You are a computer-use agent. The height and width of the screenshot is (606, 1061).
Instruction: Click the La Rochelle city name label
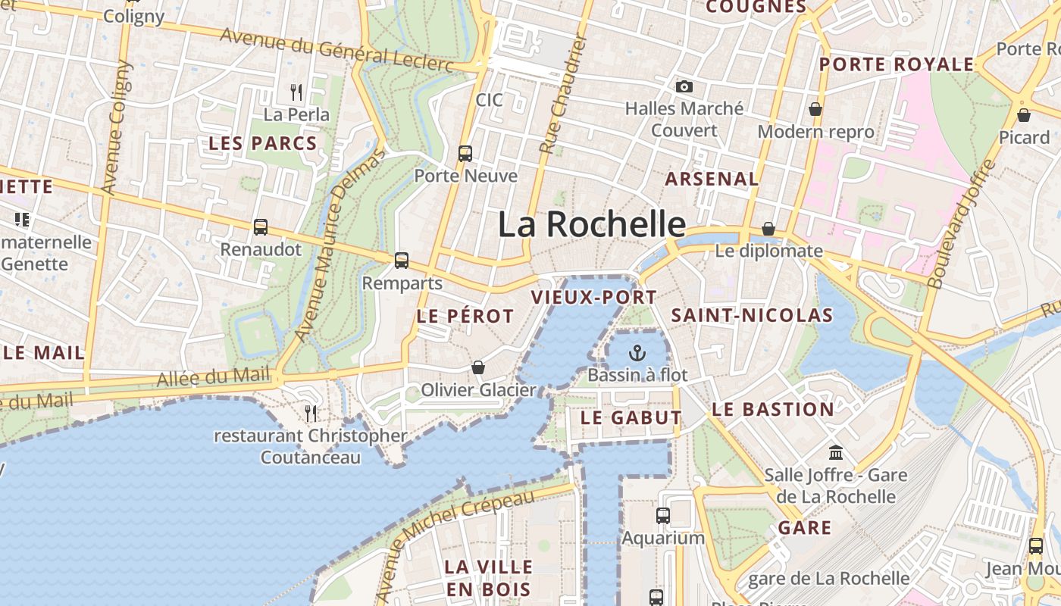coord(592,225)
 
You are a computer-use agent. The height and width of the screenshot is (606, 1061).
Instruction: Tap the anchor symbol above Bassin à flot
coord(637,353)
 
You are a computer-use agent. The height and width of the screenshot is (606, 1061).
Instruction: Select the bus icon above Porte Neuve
coord(465,154)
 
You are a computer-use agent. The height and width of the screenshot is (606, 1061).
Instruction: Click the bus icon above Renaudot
coord(261,227)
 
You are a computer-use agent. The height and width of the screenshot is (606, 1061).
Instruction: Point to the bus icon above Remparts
coord(402,261)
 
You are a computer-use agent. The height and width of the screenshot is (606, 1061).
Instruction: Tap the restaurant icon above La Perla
coord(296,92)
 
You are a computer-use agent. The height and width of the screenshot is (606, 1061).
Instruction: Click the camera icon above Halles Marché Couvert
coord(684,87)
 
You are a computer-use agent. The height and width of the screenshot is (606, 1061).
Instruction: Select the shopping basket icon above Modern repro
coord(815,110)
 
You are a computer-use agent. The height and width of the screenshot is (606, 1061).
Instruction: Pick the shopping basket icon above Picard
coord(1024,115)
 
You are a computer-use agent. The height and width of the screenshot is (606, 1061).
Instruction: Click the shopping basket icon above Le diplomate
coord(768,229)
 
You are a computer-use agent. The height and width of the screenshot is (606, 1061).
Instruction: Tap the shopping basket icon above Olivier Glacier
coord(478,368)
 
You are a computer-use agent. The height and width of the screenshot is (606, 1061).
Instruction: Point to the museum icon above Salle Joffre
coord(836,453)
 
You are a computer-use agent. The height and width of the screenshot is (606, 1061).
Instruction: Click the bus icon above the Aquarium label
coord(663,516)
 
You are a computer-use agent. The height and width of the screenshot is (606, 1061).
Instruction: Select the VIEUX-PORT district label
coord(594,298)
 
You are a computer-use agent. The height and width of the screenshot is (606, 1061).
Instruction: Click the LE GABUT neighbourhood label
coord(631,418)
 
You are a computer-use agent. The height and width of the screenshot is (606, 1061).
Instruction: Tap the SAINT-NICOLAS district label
coord(752,316)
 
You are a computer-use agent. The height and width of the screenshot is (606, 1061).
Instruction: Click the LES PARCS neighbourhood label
coord(262,144)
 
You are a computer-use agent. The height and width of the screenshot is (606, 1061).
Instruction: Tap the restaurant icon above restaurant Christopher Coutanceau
coord(311,413)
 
